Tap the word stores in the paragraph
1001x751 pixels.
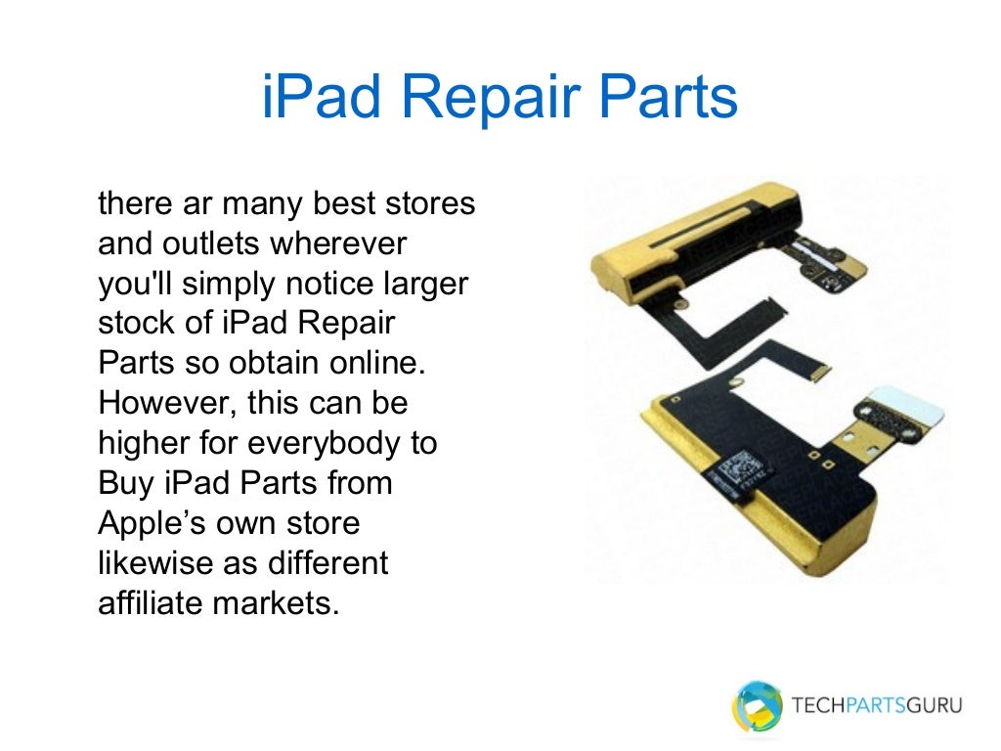tap(426, 204)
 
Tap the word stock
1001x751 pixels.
tap(138, 324)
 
